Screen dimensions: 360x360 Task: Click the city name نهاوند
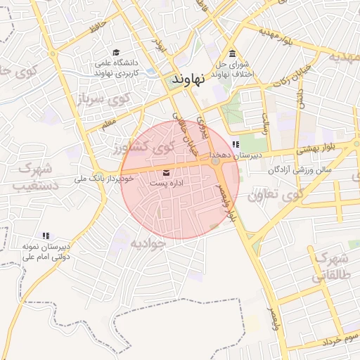[189, 80]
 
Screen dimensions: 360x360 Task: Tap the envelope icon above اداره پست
[166, 172]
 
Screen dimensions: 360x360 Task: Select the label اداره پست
[166, 183]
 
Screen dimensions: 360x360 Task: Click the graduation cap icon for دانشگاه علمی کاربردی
[116, 52]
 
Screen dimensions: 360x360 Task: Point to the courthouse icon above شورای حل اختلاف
[232, 54]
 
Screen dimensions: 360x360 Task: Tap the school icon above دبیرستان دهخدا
[245, 144]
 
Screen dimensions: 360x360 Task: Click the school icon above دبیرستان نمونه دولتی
[46, 236]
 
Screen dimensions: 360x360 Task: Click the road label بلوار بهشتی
[317, 148]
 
